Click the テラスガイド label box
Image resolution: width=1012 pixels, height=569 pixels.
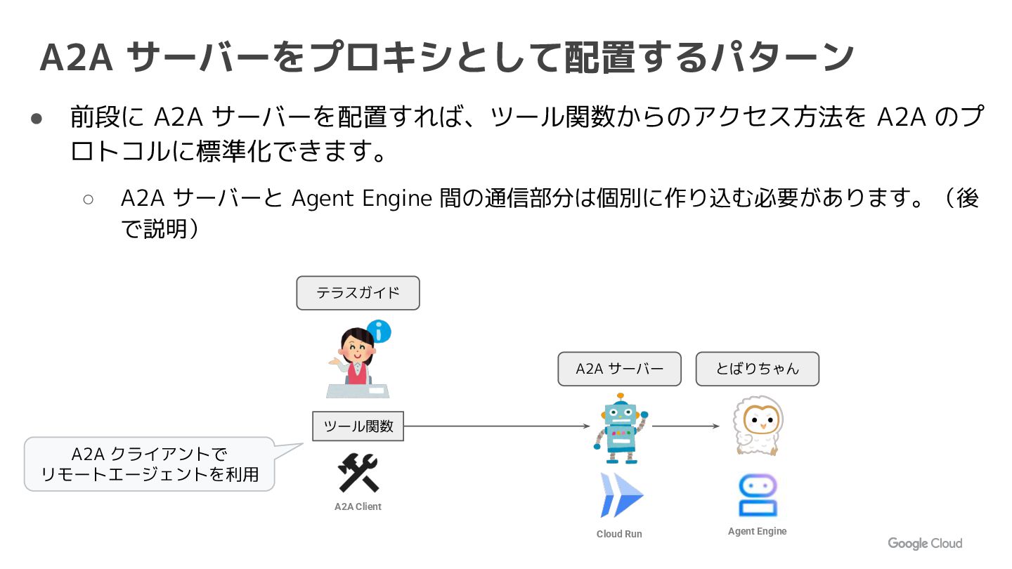(x=358, y=293)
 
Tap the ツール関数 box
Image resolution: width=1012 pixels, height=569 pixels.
(x=358, y=426)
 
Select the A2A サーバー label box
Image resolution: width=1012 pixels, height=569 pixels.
(x=619, y=369)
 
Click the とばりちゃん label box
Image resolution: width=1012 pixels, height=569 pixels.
(x=758, y=369)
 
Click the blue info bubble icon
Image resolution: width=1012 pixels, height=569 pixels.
(x=379, y=330)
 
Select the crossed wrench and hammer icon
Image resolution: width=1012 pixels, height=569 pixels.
(x=358, y=473)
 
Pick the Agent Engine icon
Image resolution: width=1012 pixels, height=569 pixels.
(x=758, y=495)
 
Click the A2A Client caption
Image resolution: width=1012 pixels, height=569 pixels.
(x=358, y=506)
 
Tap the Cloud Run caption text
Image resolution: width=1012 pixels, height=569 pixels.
(x=619, y=534)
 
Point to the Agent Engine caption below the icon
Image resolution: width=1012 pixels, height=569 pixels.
(x=757, y=531)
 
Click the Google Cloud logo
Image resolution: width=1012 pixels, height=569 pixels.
(x=925, y=543)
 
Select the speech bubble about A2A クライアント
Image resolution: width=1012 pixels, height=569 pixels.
(x=149, y=464)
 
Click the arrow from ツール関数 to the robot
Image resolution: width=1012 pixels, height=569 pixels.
(x=496, y=426)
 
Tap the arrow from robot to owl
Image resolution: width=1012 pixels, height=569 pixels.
(x=685, y=426)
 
